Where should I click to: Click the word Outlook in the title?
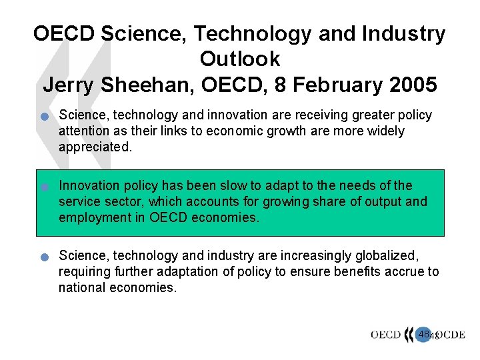pyautogui.click(x=240, y=59)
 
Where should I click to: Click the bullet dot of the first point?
pyautogui.click(x=45, y=117)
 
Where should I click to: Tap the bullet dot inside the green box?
pyautogui.click(x=45, y=187)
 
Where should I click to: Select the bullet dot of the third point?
pyautogui.click(x=45, y=257)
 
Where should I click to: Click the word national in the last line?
pyautogui.click(x=81, y=287)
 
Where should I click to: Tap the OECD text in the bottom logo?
pyautogui.click(x=385, y=335)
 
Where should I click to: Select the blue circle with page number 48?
pyautogui.click(x=424, y=333)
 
